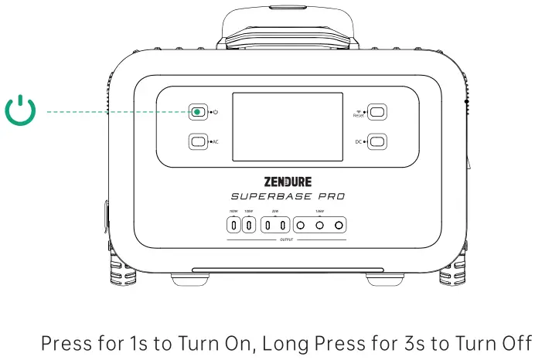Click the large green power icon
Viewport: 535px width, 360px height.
(x=21, y=112)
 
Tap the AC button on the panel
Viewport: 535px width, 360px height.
(x=197, y=141)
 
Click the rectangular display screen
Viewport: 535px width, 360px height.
(x=288, y=127)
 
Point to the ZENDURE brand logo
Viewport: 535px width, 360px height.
(x=288, y=182)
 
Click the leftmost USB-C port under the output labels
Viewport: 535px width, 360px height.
(x=233, y=226)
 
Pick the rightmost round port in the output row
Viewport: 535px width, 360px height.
(x=338, y=226)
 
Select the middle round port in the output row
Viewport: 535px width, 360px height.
(x=319, y=226)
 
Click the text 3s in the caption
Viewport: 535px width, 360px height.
(x=408, y=342)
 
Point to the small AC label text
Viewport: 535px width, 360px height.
(x=215, y=142)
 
